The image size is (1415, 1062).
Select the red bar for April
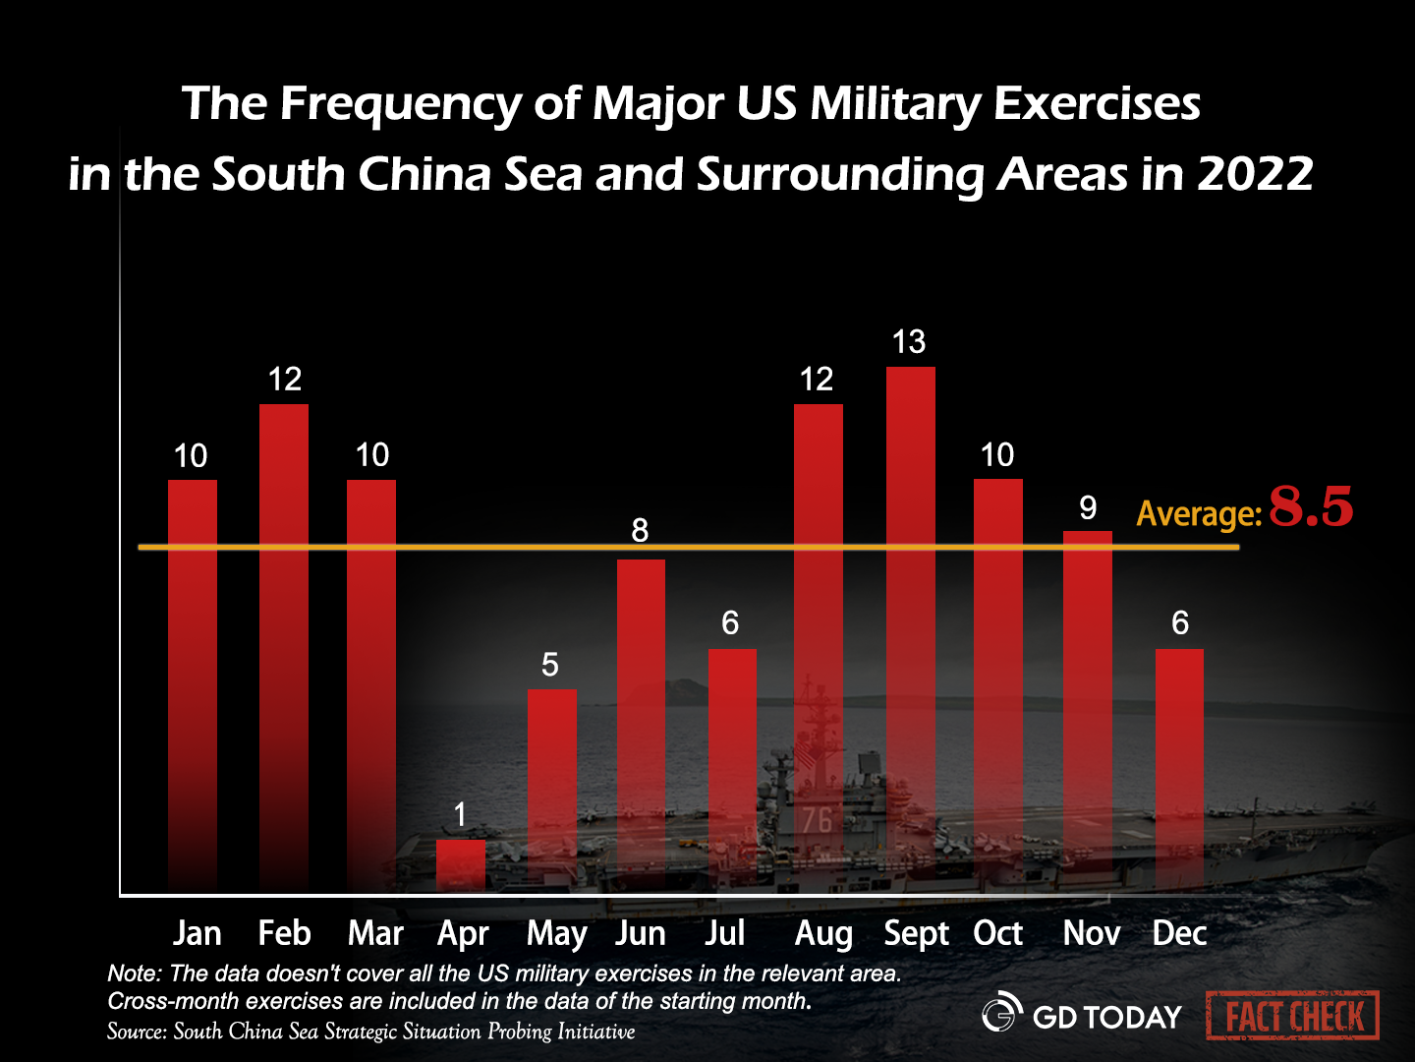pyautogui.click(x=461, y=865)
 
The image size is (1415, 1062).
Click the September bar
pyautogui.click(x=911, y=629)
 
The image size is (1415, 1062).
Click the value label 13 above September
pyautogui.click(x=909, y=342)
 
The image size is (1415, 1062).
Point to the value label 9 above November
pyautogui.click(x=1088, y=508)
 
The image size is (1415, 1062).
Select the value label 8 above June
pyautogui.click(x=640, y=531)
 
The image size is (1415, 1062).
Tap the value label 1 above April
pyautogui.click(x=460, y=814)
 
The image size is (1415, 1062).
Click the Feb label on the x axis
pyautogui.click(x=284, y=933)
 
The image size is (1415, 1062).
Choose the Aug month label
pyautogui.click(x=823, y=933)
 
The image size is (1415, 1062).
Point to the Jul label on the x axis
pyautogui.click(x=725, y=933)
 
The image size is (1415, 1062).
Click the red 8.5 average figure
pyautogui.click(x=1311, y=507)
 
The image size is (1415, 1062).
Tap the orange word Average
pyautogui.click(x=1198, y=513)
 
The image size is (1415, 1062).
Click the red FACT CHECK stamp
pyautogui.click(x=1293, y=1016)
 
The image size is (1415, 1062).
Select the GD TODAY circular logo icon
pyautogui.click(x=1002, y=1012)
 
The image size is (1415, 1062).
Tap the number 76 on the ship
pyautogui.click(x=817, y=819)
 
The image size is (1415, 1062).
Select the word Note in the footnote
pyautogui.click(x=133, y=973)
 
